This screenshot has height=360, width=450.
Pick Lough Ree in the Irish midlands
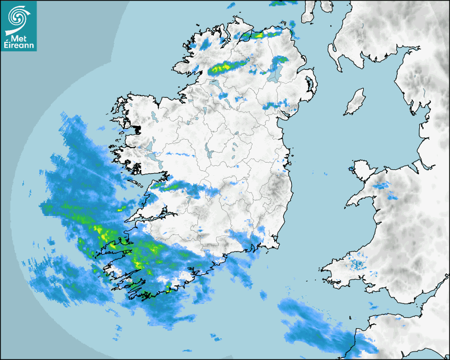211,151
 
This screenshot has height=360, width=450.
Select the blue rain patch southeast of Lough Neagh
277,105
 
